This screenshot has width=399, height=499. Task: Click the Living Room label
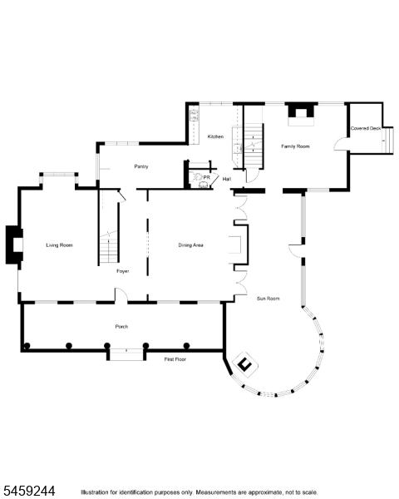tap(60, 245)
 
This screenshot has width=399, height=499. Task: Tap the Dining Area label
tap(190, 245)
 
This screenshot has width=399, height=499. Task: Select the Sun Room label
tap(268, 299)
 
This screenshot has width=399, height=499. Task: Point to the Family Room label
tap(295, 146)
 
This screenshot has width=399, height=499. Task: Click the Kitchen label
tap(215, 136)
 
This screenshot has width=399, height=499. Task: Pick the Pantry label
tap(141, 166)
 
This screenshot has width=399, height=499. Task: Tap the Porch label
tap(121, 327)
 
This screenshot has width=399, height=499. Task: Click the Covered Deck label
tap(366, 128)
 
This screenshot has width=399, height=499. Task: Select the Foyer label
tap(123, 271)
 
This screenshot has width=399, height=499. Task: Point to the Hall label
tap(227, 179)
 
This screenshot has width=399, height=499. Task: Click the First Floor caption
tap(175, 359)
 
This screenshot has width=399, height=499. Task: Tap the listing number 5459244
tap(29, 491)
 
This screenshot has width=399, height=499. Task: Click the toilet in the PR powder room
tap(197, 176)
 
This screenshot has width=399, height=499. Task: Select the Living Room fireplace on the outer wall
tap(14, 245)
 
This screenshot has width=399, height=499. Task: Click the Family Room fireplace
tap(301, 114)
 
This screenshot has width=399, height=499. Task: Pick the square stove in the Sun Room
tap(245, 364)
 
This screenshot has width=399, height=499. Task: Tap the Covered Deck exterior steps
tap(387, 141)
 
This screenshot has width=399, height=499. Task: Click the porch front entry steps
tap(126, 354)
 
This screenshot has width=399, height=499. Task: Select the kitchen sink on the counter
tap(194, 116)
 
